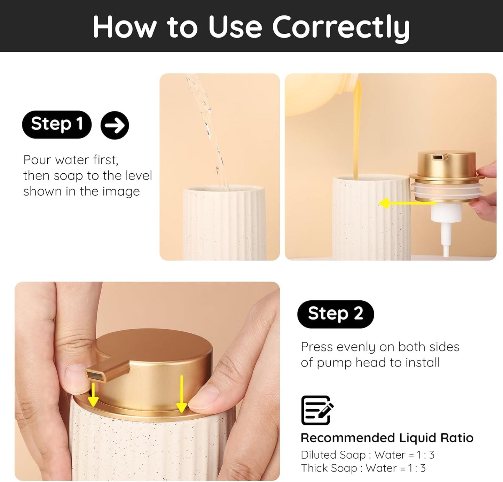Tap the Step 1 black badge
point(57,124)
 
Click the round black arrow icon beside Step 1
point(115,125)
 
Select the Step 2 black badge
point(335,314)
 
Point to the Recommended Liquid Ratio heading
point(387,438)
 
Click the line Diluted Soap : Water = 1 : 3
point(368,455)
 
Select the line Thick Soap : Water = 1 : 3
point(363,468)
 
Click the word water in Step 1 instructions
point(72,160)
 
